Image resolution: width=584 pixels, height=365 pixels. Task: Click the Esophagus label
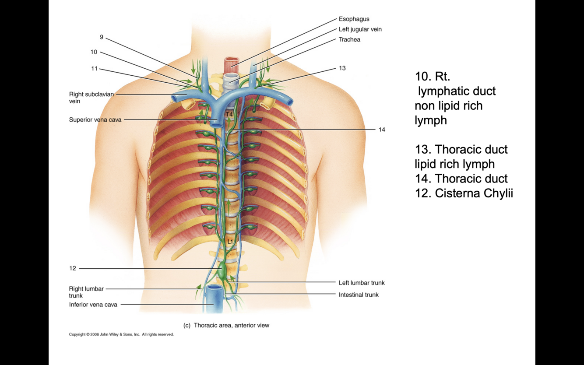coord(354,19)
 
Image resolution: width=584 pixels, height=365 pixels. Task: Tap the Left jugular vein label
coord(360,29)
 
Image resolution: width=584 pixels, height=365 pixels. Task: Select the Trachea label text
coord(349,40)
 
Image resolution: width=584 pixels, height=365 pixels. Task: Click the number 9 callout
coord(102,37)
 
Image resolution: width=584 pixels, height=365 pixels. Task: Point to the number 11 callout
coord(94,69)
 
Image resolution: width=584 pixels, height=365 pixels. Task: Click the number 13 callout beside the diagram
coord(342,68)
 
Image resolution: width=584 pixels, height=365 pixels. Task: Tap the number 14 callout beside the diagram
coord(382,130)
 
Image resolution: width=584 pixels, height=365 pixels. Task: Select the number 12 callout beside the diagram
coord(73,268)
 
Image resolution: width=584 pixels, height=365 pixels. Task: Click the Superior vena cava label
coord(95,120)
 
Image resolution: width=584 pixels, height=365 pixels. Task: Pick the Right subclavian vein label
coord(91,98)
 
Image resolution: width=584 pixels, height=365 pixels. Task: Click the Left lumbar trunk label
coord(362,283)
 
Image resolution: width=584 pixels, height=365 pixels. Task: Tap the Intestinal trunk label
coord(359,295)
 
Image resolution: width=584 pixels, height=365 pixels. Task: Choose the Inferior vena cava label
coord(93,305)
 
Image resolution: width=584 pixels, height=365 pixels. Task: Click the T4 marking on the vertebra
coord(229,115)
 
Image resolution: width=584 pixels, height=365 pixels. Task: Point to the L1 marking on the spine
coord(230,242)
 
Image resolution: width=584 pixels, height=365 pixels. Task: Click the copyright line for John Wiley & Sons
coord(121,334)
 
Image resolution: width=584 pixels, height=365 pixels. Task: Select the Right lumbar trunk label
coord(86,292)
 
